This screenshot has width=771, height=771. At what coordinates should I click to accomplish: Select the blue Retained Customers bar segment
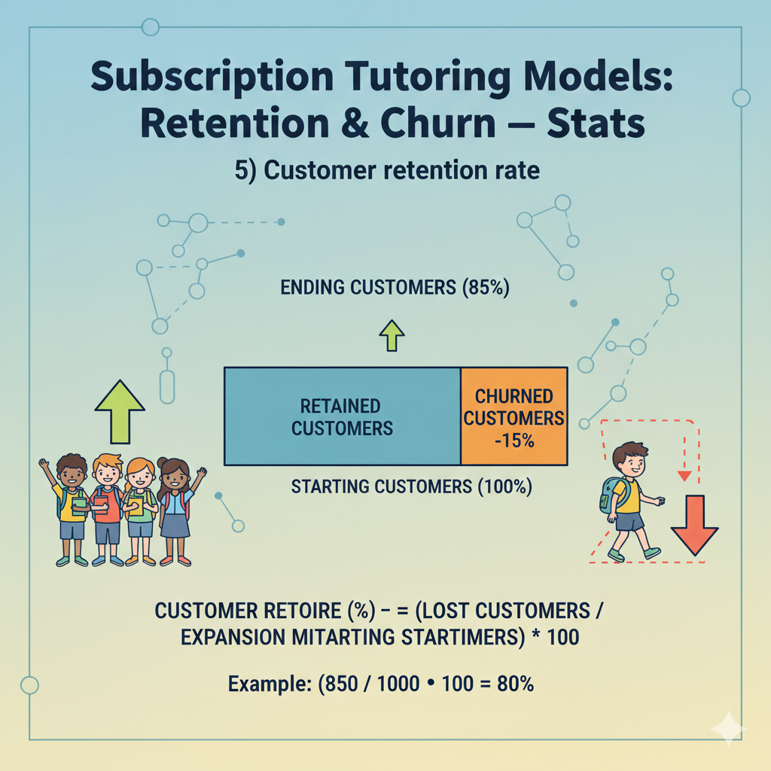[x=342, y=416]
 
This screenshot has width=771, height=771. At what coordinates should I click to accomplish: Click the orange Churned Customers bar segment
[x=514, y=416]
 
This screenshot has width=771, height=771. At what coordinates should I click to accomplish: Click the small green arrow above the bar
[x=392, y=336]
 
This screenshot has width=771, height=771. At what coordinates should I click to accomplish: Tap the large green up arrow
[x=120, y=411]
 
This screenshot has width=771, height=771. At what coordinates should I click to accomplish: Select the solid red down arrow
[x=694, y=524]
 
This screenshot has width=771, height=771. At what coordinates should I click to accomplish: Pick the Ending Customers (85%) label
[x=395, y=288]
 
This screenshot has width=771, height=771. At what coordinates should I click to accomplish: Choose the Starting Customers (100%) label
[x=411, y=488]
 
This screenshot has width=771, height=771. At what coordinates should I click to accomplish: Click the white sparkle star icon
[x=727, y=729]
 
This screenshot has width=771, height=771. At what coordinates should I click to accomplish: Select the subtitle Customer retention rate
[x=387, y=171]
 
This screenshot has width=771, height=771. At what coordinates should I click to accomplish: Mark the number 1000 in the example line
[x=400, y=686]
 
